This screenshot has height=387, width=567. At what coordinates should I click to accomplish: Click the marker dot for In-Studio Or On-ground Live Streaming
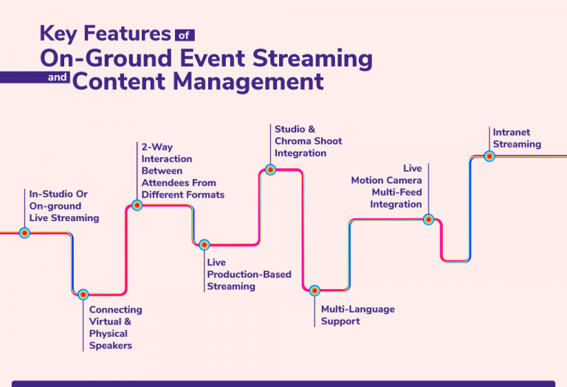(x=24, y=233)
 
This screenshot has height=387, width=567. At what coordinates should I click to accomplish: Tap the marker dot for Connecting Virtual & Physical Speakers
(x=83, y=294)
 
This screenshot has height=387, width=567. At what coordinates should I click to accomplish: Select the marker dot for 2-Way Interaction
(x=137, y=206)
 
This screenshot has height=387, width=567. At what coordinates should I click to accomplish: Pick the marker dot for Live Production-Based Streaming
(x=205, y=245)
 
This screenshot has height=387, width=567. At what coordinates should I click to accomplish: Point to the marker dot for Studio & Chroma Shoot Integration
(x=270, y=170)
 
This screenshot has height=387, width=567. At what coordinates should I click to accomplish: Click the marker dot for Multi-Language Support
(x=315, y=290)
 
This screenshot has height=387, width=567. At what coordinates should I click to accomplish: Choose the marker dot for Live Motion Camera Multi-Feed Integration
(x=428, y=219)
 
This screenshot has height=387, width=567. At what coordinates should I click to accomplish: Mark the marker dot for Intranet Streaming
(x=489, y=156)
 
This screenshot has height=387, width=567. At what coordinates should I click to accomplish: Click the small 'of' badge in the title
(x=185, y=34)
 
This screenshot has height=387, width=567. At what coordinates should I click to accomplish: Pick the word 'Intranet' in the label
(x=512, y=133)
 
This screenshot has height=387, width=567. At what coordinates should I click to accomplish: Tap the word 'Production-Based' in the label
(x=249, y=274)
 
